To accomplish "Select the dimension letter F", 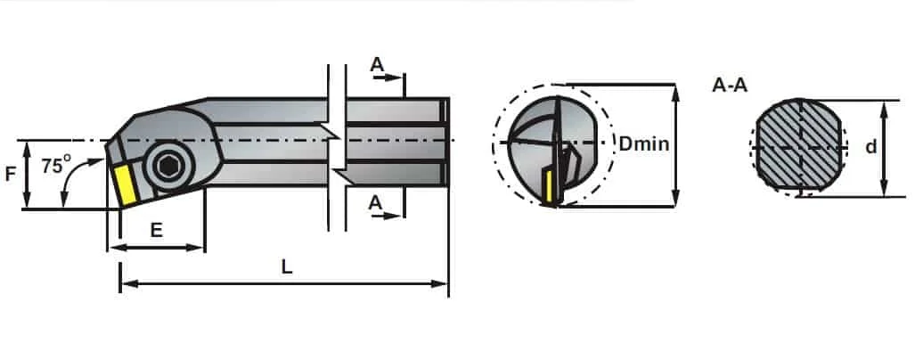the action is click(x=11, y=174).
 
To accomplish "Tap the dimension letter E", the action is click(x=156, y=231).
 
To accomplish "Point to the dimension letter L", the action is click(x=286, y=266).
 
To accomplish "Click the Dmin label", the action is click(x=643, y=143).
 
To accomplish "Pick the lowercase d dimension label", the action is click(x=870, y=147).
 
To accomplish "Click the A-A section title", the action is click(x=730, y=86).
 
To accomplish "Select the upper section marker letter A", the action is click(x=378, y=64).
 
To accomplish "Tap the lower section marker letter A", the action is click(x=375, y=202).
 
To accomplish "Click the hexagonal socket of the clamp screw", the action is click(x=168, y=168).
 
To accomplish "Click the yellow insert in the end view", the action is click(x=548, y=187).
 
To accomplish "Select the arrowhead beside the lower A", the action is click(x=396, y=216).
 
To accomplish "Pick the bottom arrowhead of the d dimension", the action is click(x=884, y=188).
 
